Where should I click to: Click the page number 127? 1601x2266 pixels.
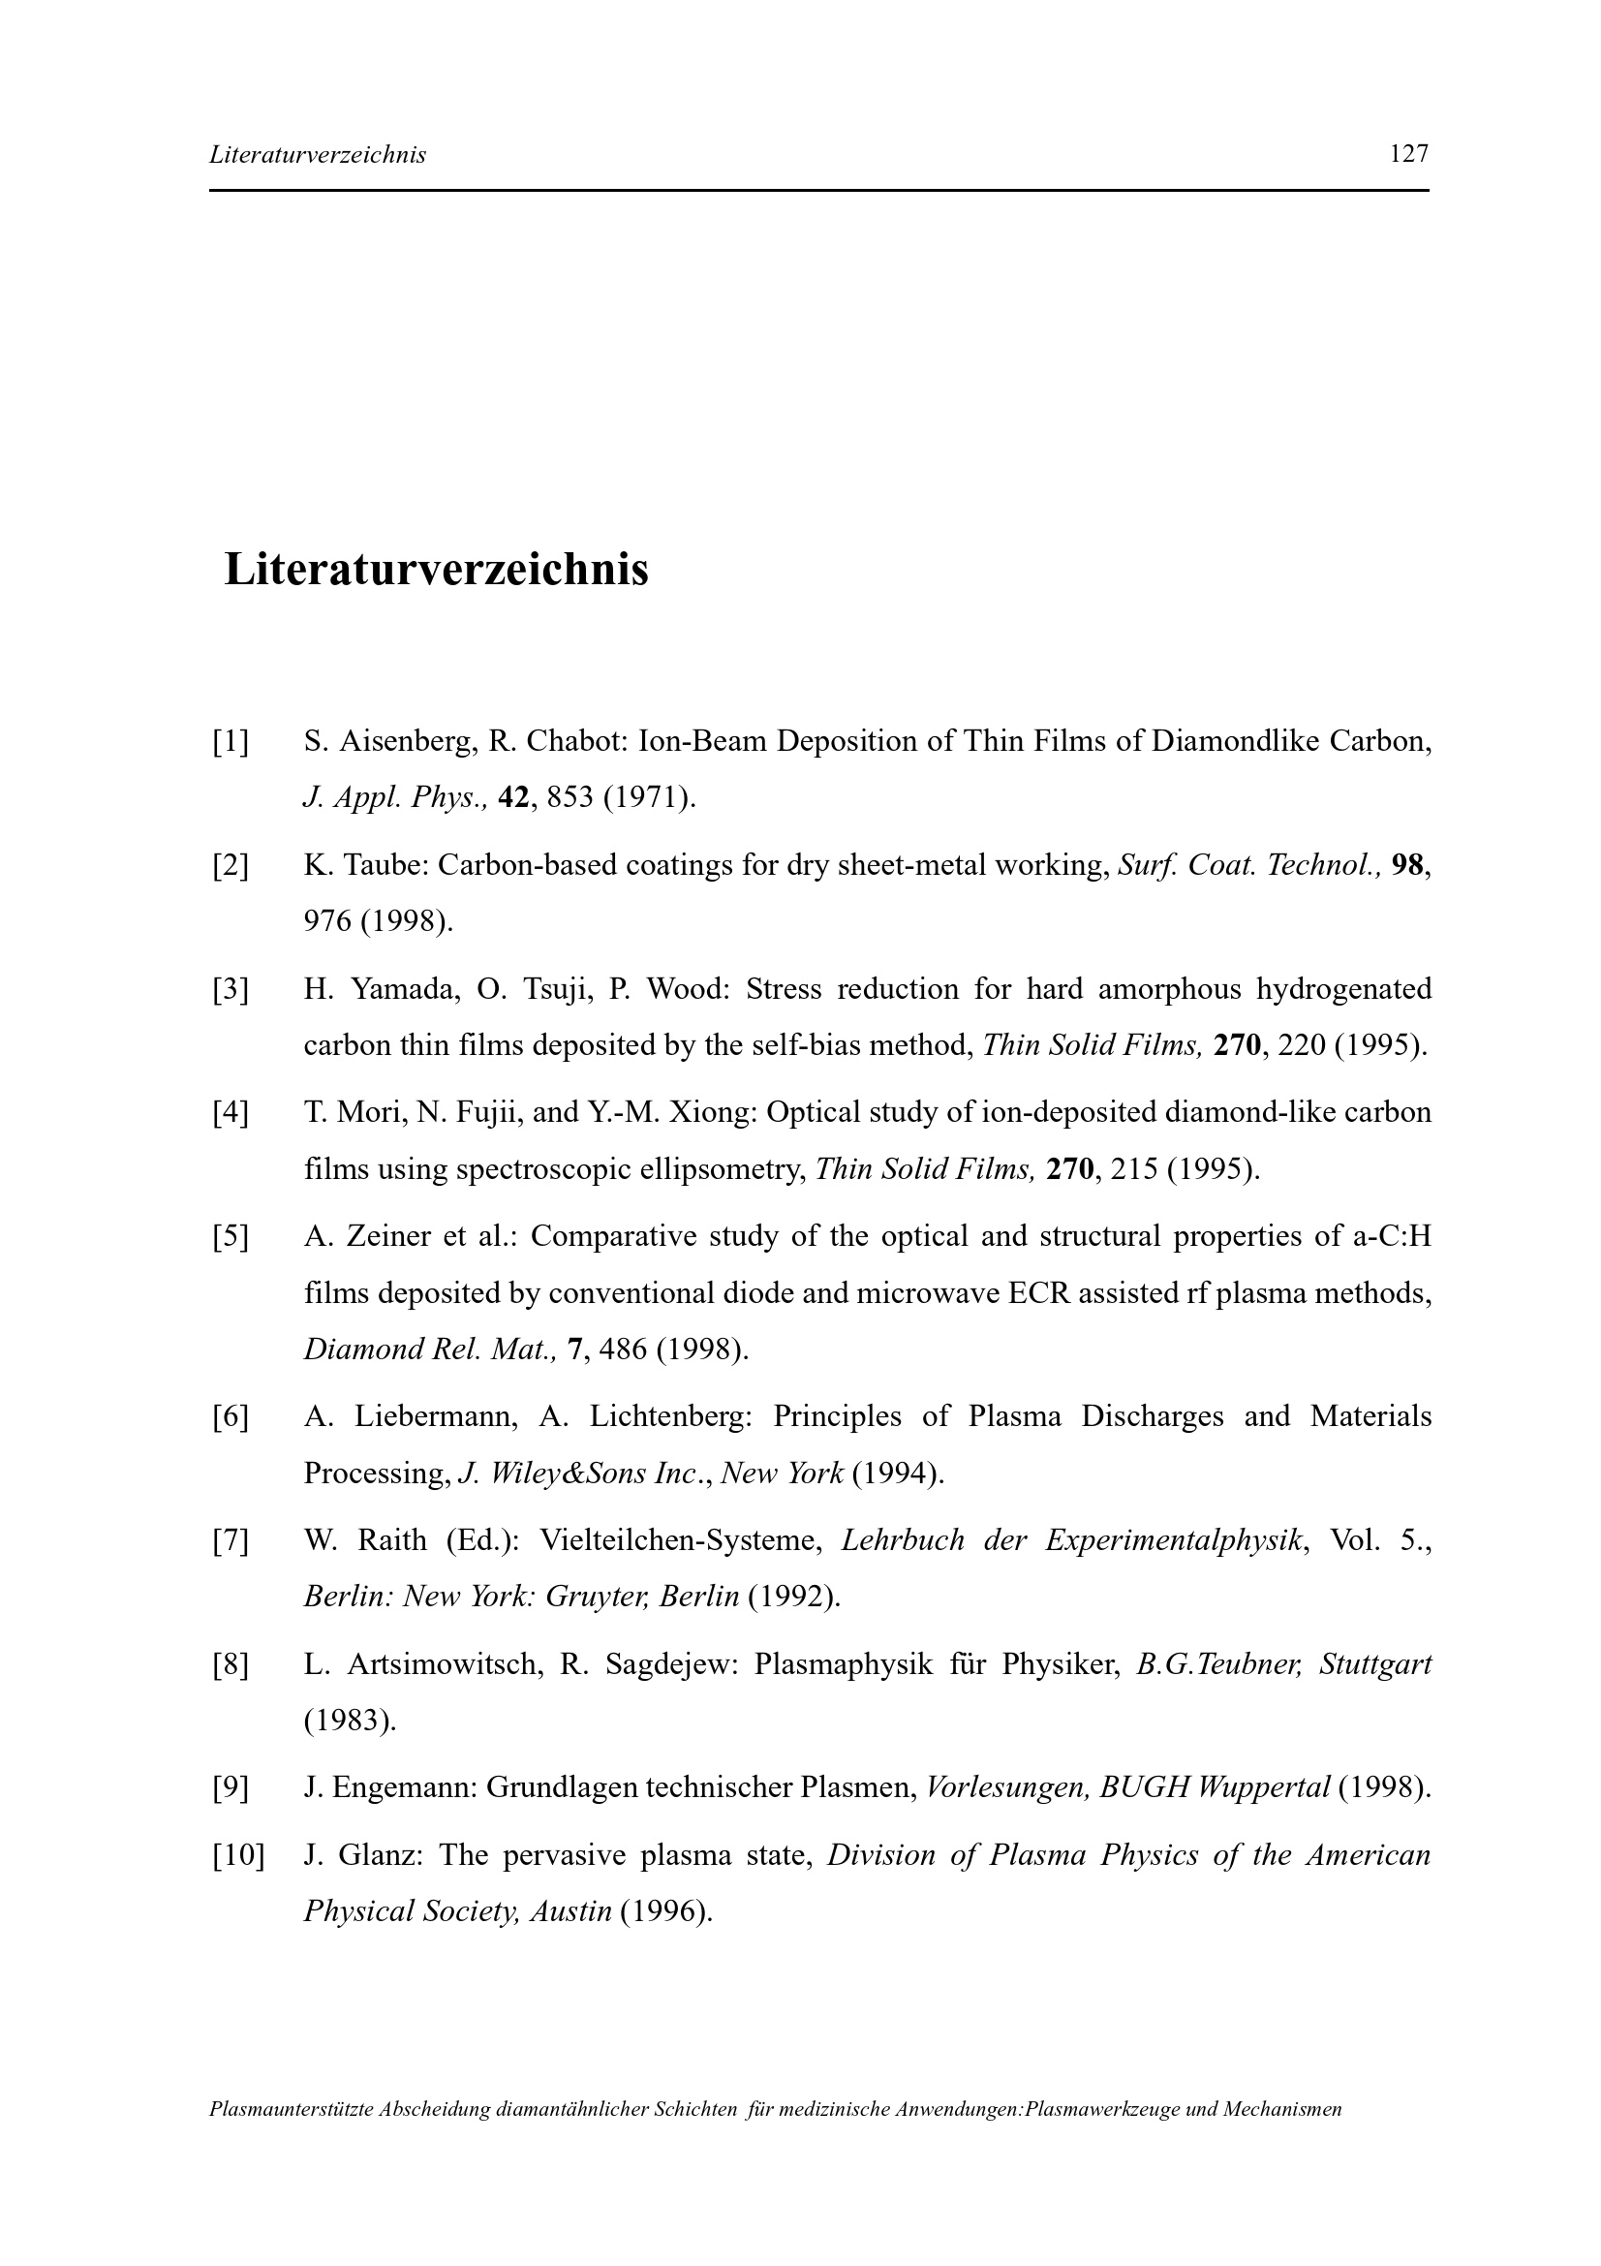[1407, 154]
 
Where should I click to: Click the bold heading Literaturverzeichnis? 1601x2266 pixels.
[436, 571]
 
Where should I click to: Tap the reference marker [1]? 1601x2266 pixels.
[230, 741]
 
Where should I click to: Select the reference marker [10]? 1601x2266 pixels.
[237, 1855]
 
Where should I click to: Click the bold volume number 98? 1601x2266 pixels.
[1408, 865]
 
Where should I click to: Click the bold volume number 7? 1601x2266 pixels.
[574, 1350]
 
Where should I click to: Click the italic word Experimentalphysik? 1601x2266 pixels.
[1173, 1540]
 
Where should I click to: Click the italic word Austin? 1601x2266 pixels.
[571, 1911]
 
